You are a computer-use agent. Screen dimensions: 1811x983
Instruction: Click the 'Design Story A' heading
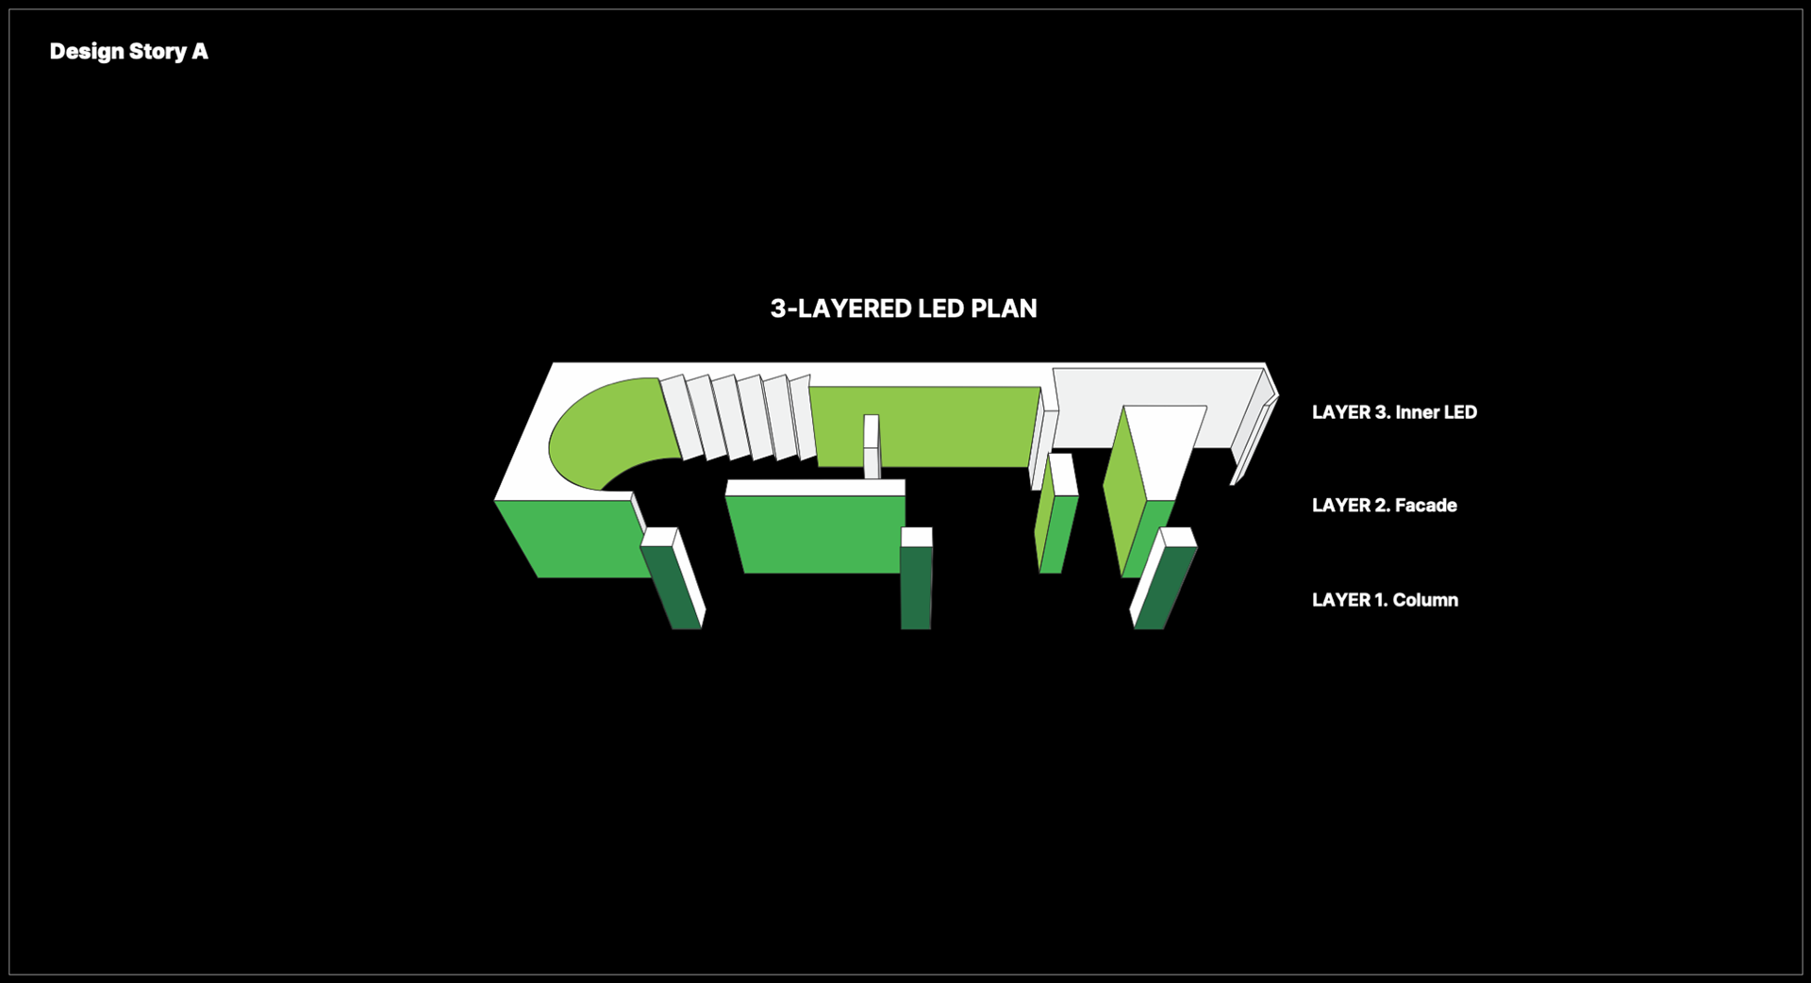[128, 52]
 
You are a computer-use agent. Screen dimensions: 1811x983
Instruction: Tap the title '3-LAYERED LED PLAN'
[903, 308]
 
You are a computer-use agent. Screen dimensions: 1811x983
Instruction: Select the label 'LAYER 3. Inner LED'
[1393, 412]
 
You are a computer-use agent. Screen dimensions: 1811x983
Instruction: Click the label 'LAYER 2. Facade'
[1384, 506]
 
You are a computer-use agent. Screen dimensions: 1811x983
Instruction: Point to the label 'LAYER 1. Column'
[1384, 600]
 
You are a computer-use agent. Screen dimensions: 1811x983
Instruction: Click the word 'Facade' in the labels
[1425, 506]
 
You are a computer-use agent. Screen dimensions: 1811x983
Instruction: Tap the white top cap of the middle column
[916, 537]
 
